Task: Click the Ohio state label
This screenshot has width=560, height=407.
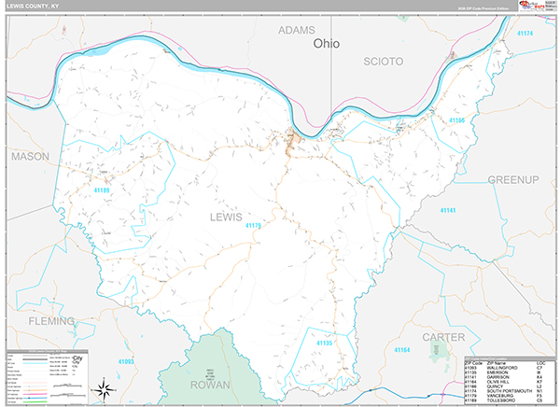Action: point(327,43)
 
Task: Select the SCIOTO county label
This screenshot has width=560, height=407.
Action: point(384,62)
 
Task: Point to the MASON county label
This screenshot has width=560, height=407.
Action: point(30,157)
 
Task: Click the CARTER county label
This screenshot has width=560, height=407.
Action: point(442,336)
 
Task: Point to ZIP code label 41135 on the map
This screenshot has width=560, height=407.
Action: point(324,344)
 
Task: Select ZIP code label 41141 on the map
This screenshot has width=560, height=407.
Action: point(449,211)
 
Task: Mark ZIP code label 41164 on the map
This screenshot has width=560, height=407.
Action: point(401,350)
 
